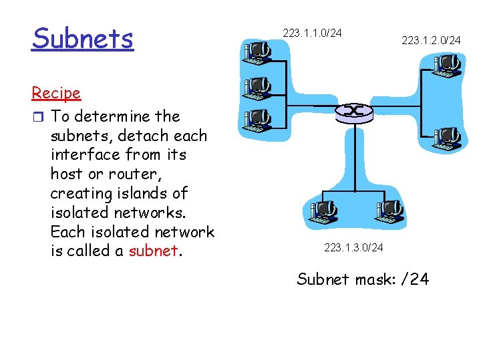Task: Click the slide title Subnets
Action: (x=82, y=39)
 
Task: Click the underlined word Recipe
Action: (x=55, y=93)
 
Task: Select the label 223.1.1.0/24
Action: (x=312, y=32)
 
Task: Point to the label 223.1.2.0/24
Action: (x=431, y=41)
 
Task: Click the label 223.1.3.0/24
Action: (x=353, y=248)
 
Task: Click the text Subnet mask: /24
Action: (x=363, y=279)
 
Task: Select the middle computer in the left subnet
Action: (x=257, y=88)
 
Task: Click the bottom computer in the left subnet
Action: (x=257, y=120)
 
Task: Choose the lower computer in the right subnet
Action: (x=447, y=137)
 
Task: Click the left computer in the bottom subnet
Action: (x=324, y=212)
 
